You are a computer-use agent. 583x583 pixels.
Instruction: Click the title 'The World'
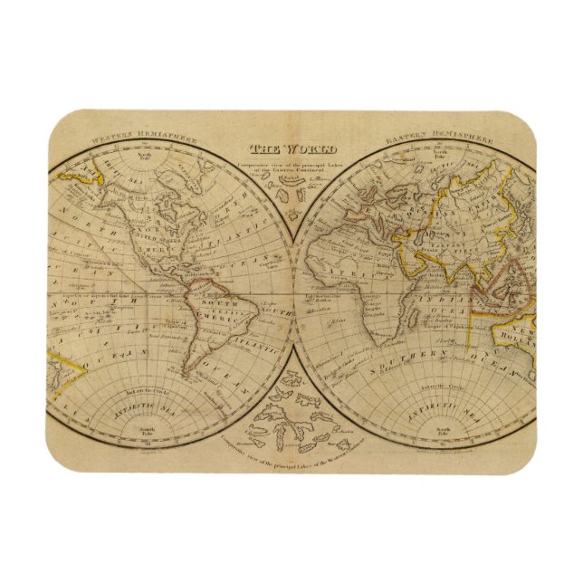(x=293, y=149)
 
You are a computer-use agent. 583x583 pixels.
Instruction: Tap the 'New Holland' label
(x=521, y=335)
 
